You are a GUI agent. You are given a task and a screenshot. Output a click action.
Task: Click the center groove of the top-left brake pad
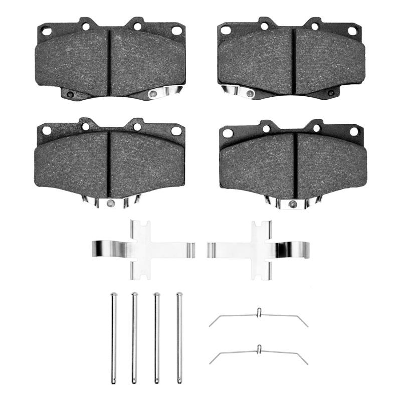tap(109, 61)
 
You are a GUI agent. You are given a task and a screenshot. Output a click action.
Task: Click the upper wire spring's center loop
tap(259, 313)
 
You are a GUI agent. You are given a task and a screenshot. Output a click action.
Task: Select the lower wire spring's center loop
tap(259, 348)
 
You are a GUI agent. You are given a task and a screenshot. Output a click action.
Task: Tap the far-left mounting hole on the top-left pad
tap(47, 31)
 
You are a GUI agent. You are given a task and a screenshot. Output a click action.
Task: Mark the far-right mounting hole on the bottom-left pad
tap(176, 131)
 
